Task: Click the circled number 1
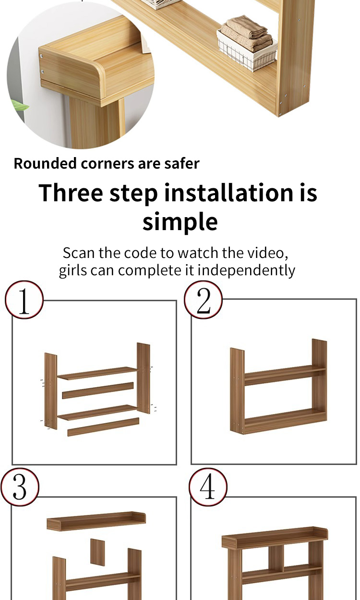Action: click(24, 300)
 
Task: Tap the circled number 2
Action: click(203, 300)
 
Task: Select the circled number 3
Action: click(20, 487)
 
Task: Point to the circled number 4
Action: click(208, 487)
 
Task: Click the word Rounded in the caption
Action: click(45, 163)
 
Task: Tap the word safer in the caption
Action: click(182, 163)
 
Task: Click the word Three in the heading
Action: click(71, 193)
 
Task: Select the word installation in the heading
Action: click(228, 193)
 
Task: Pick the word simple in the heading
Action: click(180, 222)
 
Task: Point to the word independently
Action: click(246, 270)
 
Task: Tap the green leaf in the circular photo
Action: click(20, 107)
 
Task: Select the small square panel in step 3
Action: click(97, 552)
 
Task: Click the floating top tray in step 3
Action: click(96, 521)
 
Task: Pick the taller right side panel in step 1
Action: click(143, 378)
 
